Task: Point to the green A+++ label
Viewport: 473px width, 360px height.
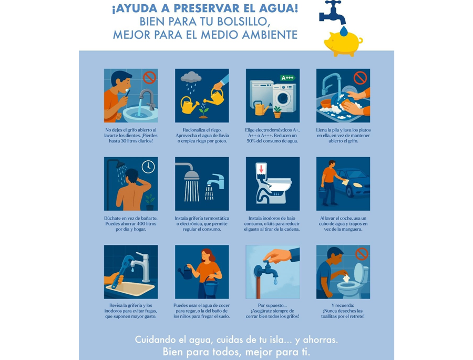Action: pos(287,78)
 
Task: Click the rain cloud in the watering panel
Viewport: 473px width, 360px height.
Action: pos(191,78)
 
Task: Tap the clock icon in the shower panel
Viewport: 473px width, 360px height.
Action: pos(148,167)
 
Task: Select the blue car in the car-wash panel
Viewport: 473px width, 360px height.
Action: pos(355,183)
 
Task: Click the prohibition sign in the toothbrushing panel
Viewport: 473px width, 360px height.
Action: pos(149,78)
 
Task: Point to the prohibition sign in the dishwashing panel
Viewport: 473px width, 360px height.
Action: pos(360,78)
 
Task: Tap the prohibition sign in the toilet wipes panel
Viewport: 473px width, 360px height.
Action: pos(361,254)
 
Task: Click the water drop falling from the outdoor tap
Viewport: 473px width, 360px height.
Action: pos(275,282)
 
